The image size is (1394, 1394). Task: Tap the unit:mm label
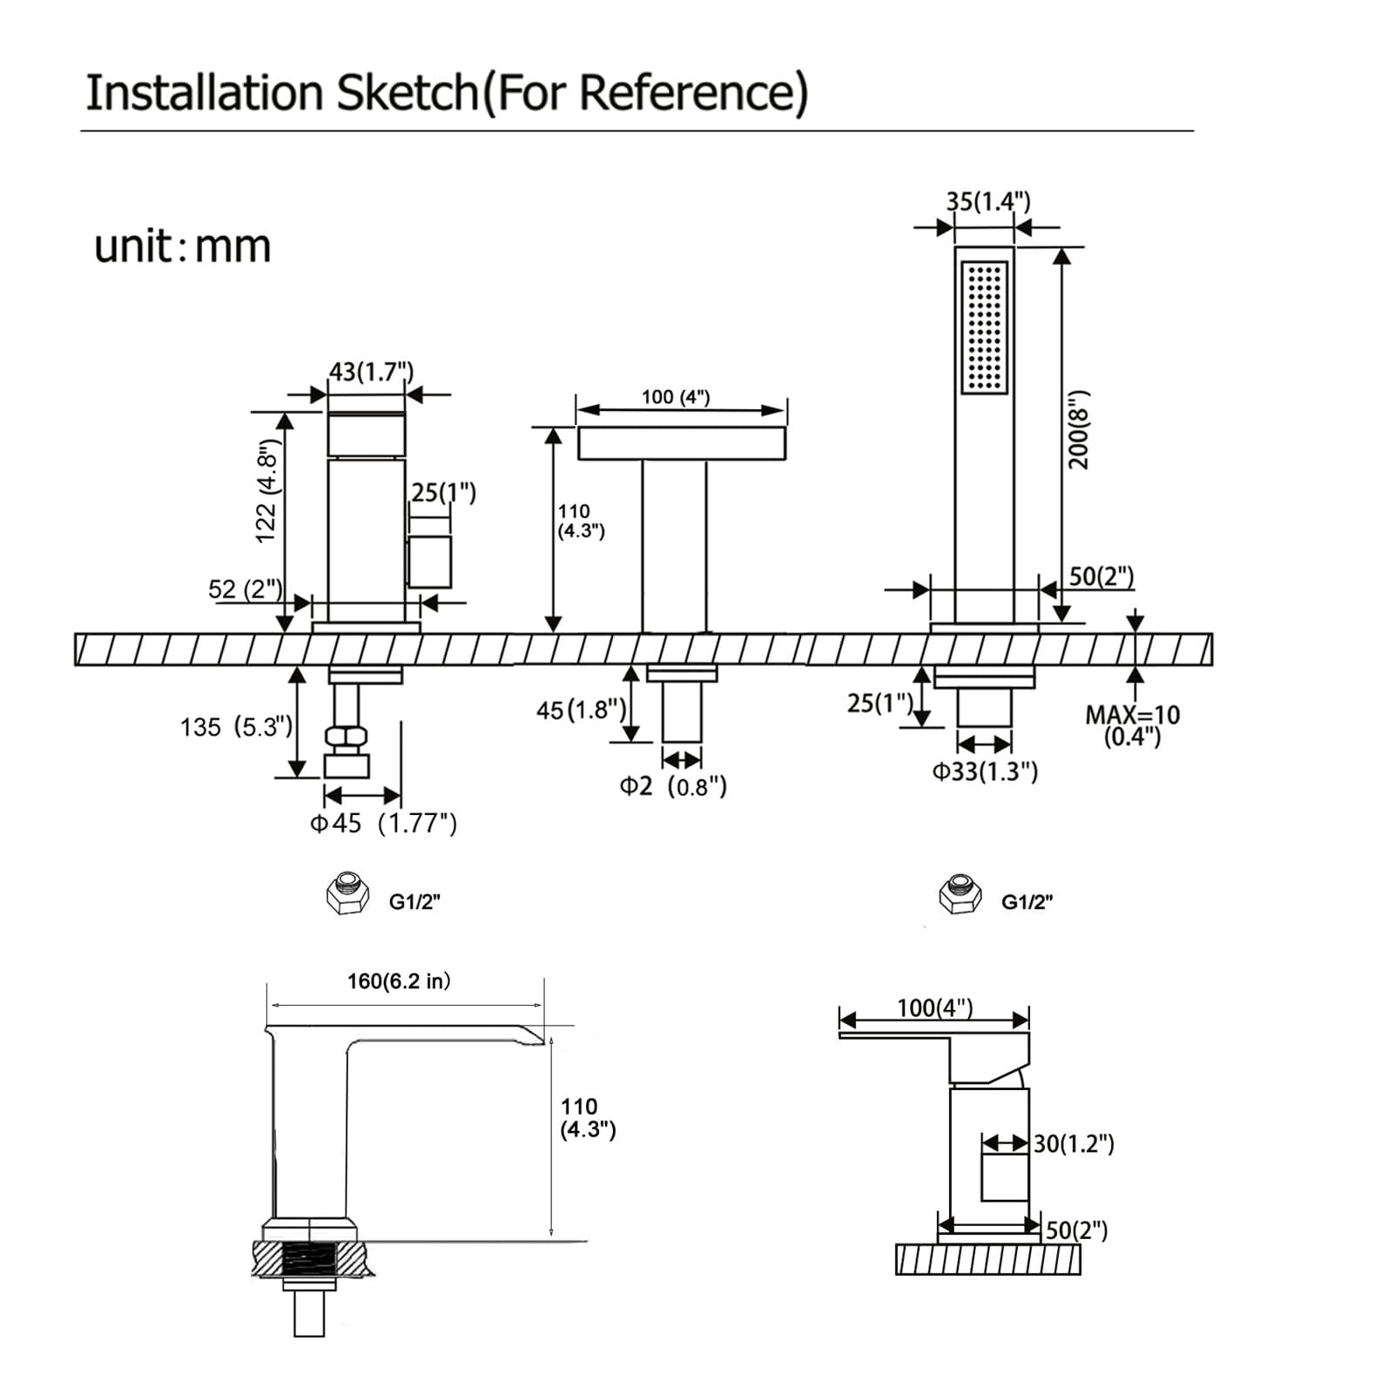[x=183, y=246]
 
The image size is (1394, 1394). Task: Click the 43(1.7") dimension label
[x=371, y=372]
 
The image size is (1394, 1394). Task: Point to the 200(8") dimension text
[x=1079, y=430]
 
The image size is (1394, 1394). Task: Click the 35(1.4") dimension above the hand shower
[x=988, y=202]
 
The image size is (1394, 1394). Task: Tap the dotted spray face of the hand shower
[x=985, y=327]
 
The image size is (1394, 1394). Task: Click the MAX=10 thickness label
[x=1132, y=715]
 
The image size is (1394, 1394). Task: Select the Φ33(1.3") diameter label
[x=985, y=771]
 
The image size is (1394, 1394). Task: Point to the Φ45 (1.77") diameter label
[x=383, y=823]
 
